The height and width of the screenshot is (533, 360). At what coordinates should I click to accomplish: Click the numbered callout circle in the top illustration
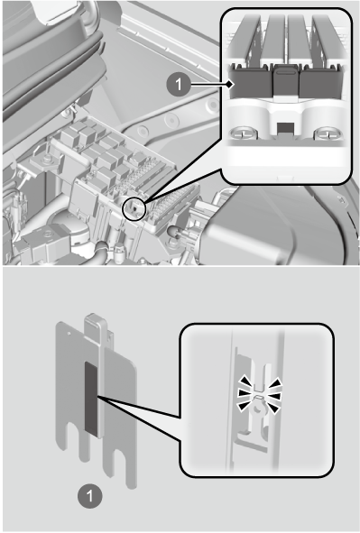tap(179, 84)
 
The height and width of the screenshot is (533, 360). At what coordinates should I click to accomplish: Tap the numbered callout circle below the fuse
tap(89, 496)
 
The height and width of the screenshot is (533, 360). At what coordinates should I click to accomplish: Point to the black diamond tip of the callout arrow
tap(231, 84)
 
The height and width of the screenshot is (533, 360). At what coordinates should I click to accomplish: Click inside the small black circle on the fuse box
tap(134, 208)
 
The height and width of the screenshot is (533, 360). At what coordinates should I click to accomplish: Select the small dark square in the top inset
tap(286, 128)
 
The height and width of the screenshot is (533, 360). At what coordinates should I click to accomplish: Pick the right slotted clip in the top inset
tap(326, 133)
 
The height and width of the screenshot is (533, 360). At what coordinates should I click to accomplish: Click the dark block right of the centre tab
tap(319, 81)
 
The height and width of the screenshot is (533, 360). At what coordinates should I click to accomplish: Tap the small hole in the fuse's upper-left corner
tap(69, 334)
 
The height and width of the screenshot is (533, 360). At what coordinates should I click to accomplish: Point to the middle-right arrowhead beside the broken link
tap(275, 396)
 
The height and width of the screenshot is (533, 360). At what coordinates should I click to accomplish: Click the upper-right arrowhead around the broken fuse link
tap(276, 382)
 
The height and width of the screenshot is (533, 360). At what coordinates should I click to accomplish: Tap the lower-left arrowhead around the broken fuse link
tap(245, 406)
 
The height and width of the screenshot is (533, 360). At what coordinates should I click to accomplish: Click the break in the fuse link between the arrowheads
tap(259, 396)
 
